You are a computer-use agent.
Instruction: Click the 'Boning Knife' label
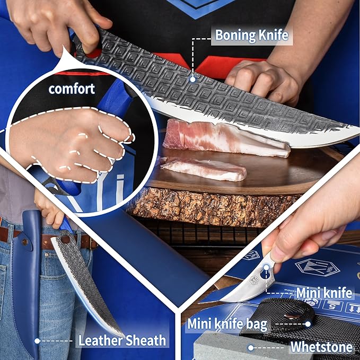click(x=252, y=36)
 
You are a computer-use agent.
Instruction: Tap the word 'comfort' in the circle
click(x=72, y=89)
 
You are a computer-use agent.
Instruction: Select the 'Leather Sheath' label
click(x=122, y=340)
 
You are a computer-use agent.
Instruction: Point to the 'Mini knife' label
click(x=324, y=293)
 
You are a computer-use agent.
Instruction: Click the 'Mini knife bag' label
click(x=227, y=324)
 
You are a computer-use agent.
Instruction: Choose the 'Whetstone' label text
click(x=321, y=347)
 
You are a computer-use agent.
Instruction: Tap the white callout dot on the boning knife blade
click(x=193, y=80)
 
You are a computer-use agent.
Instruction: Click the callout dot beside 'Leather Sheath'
click(x=37, y=341)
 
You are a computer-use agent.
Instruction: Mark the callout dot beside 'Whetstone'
click(x=251, y=348)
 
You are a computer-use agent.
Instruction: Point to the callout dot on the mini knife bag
click(x=308, y=324)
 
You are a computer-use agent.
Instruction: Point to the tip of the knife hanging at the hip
click(x=122, y=336)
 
